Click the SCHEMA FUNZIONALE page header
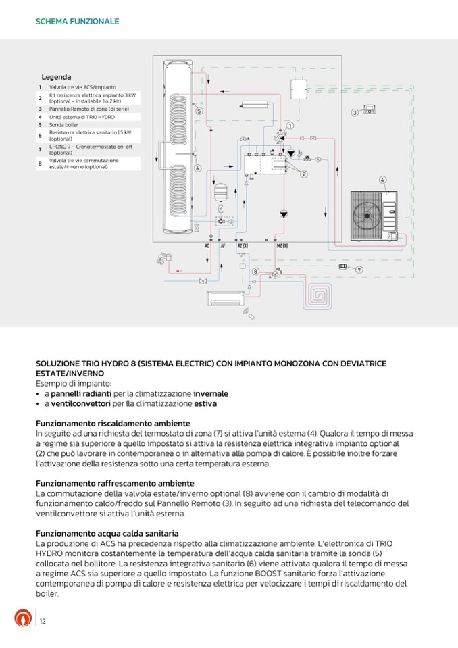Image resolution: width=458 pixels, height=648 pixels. coord(77,22)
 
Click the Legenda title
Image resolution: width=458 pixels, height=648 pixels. coord(56,77)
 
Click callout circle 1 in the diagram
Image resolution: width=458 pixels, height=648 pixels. coord(290,126)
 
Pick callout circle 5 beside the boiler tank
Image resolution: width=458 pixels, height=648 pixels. coord(199,111)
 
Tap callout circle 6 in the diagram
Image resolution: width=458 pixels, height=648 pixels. coord(197,168)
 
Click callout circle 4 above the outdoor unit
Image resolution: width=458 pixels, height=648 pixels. coord(382,180)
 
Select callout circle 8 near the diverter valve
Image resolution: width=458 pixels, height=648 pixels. coord(256,271)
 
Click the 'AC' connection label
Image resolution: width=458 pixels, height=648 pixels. coord(207,247)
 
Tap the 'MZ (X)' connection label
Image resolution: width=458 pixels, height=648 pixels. coord(282,247)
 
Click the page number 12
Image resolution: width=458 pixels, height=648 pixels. coord(43,621)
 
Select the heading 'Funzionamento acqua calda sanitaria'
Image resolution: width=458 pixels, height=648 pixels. coord(107,533)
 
